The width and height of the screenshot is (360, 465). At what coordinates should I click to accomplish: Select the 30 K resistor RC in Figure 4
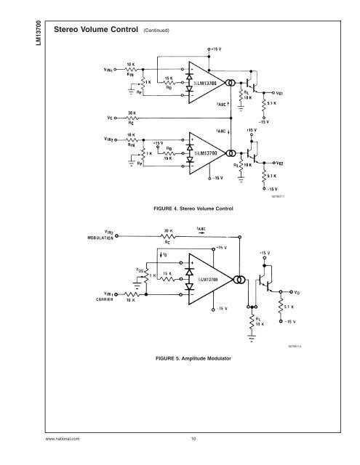click(130, 116)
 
